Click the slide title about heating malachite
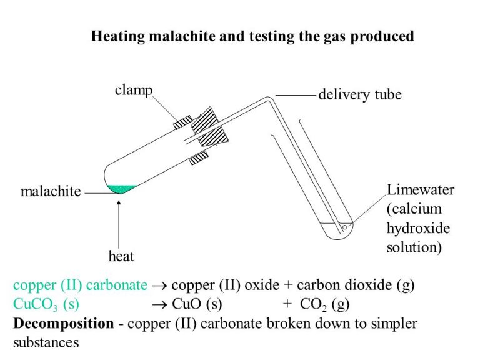(252, 36)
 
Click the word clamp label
(134, 90)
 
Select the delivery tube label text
(359, 95)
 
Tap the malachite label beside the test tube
(51, 192)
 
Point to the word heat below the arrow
(121, 256)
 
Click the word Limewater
(420, 190)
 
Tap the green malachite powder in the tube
(122, 188)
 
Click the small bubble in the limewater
(344, 227)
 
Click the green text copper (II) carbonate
(80, 286)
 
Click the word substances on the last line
(46, 343)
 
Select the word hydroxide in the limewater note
(418, 227)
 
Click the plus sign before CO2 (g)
(287, 306)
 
